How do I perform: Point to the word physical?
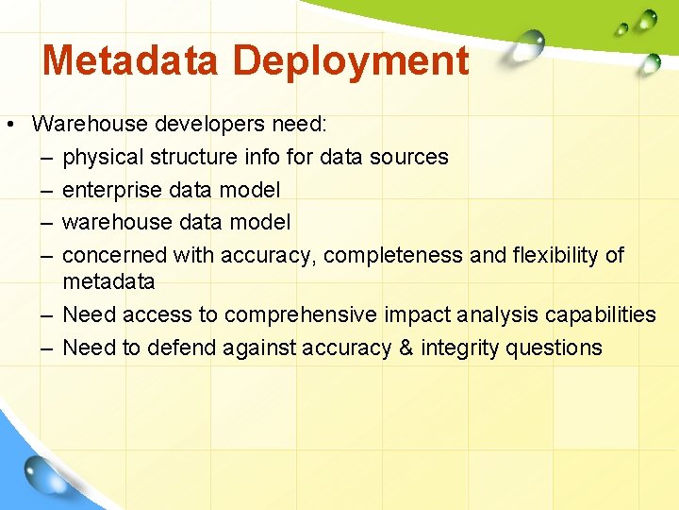[102, 157]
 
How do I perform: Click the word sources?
[410, 157]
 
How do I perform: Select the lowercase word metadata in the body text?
[108, 281]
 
